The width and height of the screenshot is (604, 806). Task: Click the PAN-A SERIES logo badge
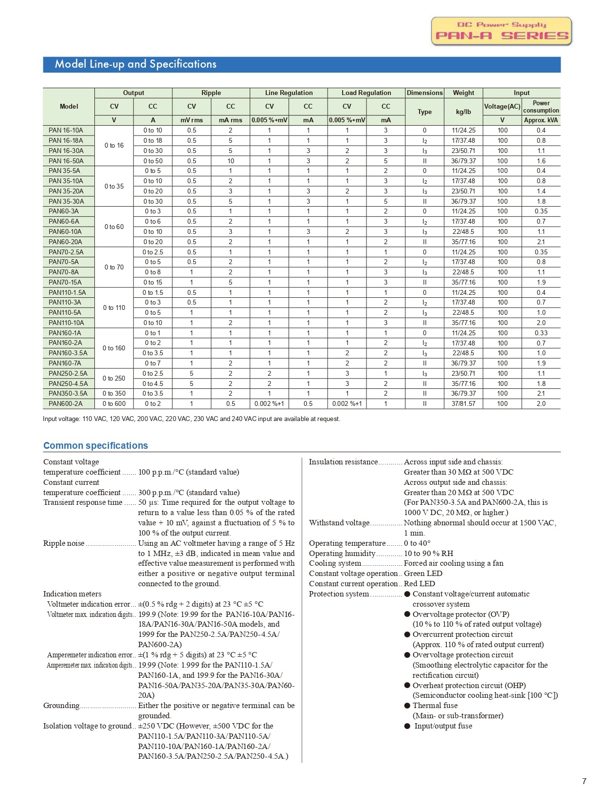pos(501,31)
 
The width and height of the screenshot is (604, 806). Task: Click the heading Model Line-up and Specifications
pos(135,64)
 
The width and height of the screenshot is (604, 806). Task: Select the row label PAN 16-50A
pos(66,161)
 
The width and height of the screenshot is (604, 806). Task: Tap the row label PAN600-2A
pos(66,403)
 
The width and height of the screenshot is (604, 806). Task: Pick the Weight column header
pos(463,93)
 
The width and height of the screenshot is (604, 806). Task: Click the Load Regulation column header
pos(366,93)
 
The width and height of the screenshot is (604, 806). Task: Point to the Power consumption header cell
pos(541,107)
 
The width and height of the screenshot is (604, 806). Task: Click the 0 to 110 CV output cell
pos(114,307)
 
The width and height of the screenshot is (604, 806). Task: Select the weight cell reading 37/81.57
pos(463,403)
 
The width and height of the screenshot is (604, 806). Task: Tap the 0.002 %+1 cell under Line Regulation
pos(269,403)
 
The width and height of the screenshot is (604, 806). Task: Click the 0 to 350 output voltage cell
pos(114,393)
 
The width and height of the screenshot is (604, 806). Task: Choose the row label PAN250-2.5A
pos(68,373)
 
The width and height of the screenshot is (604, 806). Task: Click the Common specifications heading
pos(95,445)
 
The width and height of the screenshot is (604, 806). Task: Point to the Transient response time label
pos(83,502)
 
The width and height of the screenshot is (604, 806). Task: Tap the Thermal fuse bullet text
pos(435,706)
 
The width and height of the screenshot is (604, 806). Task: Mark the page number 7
pos(584,781)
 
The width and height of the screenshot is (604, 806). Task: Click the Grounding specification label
pos(61,706)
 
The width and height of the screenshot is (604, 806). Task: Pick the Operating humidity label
pos(342,553)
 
